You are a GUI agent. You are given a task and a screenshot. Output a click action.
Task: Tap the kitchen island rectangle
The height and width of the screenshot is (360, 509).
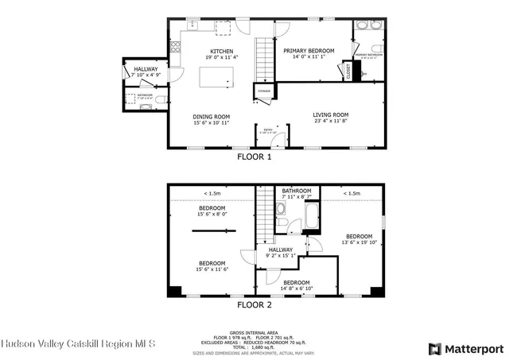217,76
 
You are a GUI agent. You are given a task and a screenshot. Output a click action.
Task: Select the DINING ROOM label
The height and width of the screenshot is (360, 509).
211,117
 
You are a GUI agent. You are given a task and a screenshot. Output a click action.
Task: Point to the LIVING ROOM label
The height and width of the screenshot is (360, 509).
330,115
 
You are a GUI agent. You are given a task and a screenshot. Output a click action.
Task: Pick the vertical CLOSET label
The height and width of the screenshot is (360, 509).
348,71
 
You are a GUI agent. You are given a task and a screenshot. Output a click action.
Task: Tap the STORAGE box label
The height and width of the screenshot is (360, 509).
264,91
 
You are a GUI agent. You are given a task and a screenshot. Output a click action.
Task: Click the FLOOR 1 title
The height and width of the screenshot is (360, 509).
254,157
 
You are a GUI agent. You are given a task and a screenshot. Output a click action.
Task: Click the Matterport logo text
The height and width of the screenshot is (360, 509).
472,348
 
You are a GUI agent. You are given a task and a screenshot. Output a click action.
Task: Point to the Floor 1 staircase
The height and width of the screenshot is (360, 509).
263,60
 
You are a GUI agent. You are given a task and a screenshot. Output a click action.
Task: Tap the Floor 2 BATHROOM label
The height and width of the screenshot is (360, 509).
297,191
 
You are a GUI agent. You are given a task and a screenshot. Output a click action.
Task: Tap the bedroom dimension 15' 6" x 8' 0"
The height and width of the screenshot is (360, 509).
212,213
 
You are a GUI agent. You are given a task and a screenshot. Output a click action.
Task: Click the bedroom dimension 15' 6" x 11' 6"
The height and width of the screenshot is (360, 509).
212,269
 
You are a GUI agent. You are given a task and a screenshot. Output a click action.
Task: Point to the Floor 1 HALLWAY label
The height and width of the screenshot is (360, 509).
146,69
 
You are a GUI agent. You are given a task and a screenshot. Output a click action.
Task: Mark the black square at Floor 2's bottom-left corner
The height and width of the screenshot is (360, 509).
173,291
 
